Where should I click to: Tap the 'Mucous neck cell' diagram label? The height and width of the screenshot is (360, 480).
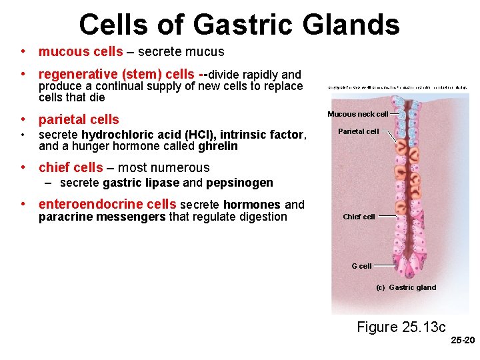pyautogui.click(x=357, y=114)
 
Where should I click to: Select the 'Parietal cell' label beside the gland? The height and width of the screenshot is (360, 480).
pyautogui.click(x=358, y=131)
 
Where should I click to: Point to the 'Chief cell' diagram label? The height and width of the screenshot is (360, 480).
pyautogui.click(x=359, y=217)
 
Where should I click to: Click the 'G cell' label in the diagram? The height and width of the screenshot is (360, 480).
pyautogui.click(x=361, y=266)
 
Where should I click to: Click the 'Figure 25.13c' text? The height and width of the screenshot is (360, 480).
pyautogui.click(x=401, y=327)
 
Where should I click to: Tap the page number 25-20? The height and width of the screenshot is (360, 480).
pyautogui.click(x=463, y=340)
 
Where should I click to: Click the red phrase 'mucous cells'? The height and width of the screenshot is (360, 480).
pyautogui.click(x=81, y=51)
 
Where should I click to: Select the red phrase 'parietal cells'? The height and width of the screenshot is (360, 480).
pyautogui.click(x=79, y=120)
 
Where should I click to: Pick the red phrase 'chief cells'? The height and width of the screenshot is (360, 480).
pyautogui.click(x=71, y=167)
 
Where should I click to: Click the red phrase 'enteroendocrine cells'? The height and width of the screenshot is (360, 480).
pyautogui.click(x=107, y=205)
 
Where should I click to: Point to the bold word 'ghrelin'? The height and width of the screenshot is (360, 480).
pyautogui.click(x=218, y=146)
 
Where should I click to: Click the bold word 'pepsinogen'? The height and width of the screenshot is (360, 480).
pyautogui.click(x=239, y=183)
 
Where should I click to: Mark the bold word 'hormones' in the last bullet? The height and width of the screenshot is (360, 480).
pyautogui.click(x=252, y=205)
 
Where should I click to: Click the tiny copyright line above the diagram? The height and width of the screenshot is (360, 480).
pyautogui.click(x=397, y=87)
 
